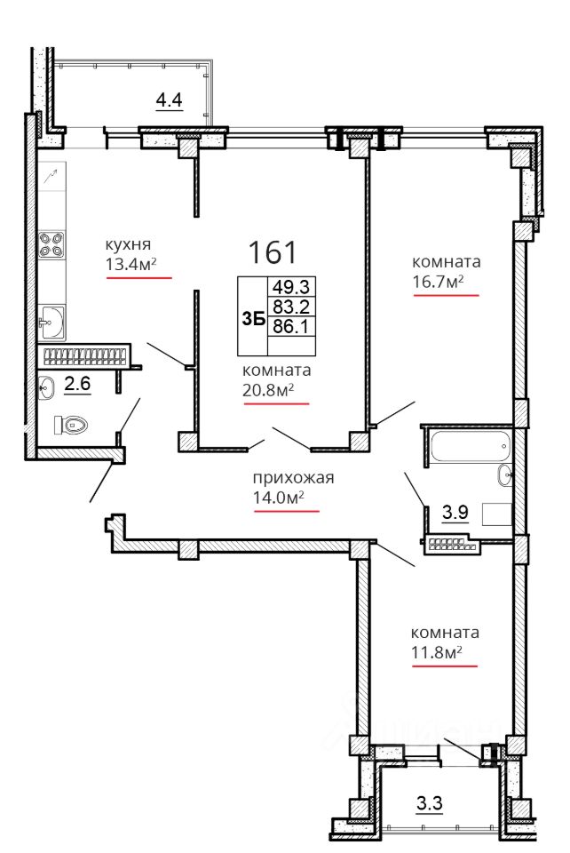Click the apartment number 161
[x=273, y=252]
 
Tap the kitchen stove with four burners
[x=51, y=245]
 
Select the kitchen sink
[x=52, y=323]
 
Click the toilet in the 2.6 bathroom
[x=71, y=425]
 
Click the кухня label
[x=128, y=245]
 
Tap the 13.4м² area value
[x=131, y=265]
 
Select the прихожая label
[x=293, y=479]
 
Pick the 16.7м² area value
[x=438, y=282]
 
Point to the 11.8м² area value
[x=436, y=651]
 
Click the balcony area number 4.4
[x=169, y=100]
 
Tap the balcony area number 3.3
[x=430, y=803]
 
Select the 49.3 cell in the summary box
[x=291, y=287]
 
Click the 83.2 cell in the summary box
[x=291, y=307]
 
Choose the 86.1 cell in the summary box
[x=291, y=326]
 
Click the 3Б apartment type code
[x=253, y=319]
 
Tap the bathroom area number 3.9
[x=455, y=513]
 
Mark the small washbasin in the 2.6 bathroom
[x=47, y=387]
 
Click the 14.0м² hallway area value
[x=278, y=498]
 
